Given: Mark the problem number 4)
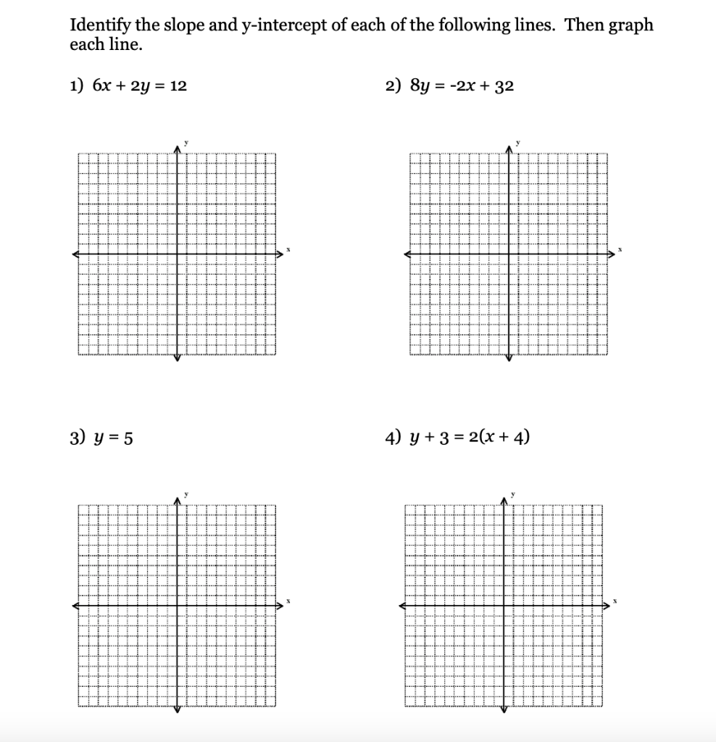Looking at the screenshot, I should click(394, 438).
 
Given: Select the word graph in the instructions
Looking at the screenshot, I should click(630, 26).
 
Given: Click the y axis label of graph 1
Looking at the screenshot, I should click(186, 142).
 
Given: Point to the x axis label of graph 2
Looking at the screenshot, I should click(620, 251).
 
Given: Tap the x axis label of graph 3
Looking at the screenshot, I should click(288, 602).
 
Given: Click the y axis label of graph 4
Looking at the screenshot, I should click(512, 493).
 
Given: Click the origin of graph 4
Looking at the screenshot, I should click(504, 605).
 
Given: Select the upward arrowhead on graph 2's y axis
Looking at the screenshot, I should click(509, 147).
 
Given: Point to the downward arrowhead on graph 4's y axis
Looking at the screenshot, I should click(504, 709).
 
